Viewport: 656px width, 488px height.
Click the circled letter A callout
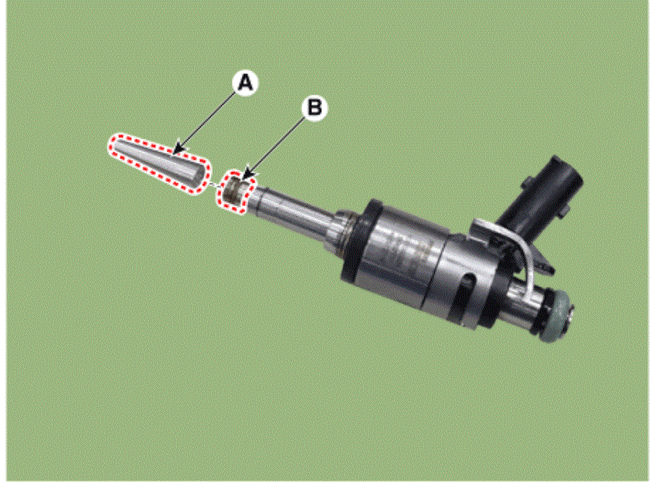click(245, 83)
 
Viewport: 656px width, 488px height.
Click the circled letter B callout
click(314, 108)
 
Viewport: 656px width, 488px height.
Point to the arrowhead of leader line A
click(179, 149)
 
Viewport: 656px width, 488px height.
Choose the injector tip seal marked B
click(235, 192)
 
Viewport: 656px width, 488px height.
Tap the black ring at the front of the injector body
click(359, 242)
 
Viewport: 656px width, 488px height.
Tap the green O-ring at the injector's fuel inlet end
click(554, 317)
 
